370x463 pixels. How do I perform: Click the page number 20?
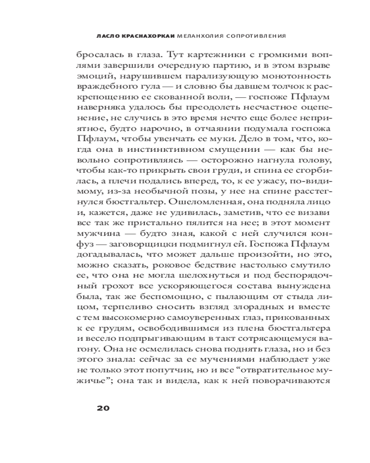(x=102, y=408)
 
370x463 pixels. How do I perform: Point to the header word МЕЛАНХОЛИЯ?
(x=191, y=35)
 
